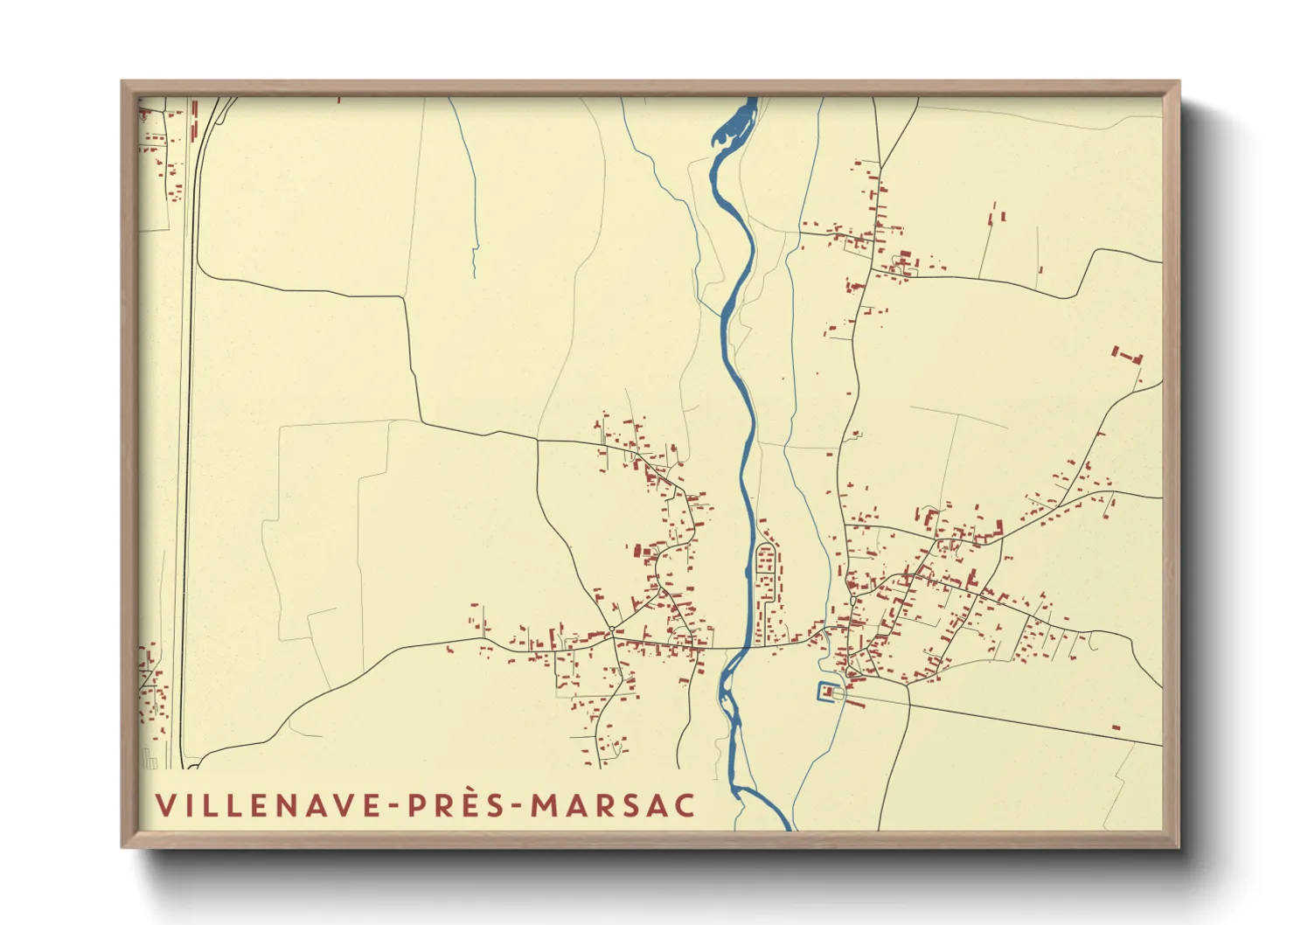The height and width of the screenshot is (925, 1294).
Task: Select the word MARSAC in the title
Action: pos(614,805)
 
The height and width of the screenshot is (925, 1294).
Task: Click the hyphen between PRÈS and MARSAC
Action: pos(518,806)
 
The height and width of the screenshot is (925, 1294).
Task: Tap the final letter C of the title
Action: pos(685,805)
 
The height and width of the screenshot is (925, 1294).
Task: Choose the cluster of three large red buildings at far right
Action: pos(1127,355)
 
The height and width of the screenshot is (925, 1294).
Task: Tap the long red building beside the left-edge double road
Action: pos(194,120)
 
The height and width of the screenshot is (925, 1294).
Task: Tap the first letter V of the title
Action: pos(164,805)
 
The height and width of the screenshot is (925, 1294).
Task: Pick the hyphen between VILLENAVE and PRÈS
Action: pos(394,806)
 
